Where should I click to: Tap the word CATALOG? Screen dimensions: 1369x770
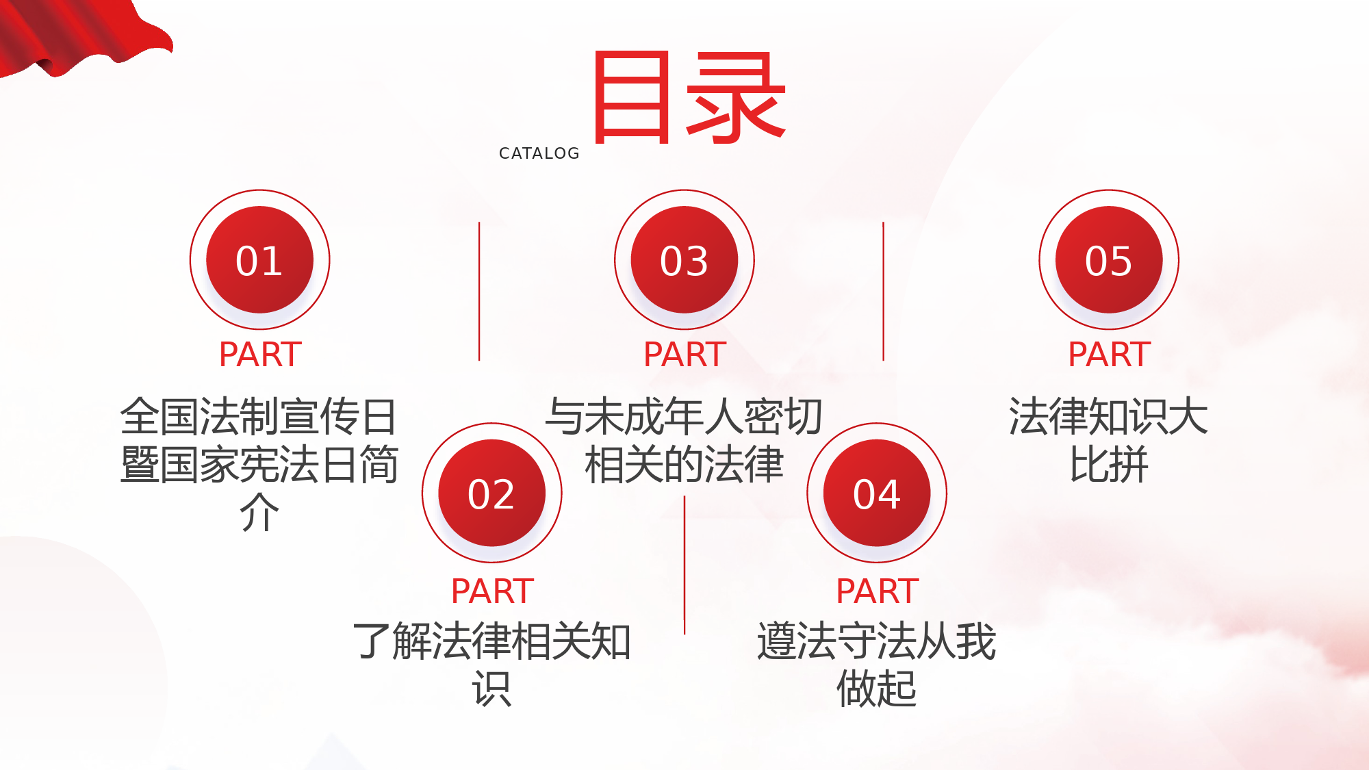539,153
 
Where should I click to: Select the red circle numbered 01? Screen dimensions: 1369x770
260,259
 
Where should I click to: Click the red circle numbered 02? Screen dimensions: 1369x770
492,493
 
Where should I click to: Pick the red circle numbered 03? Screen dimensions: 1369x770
684,259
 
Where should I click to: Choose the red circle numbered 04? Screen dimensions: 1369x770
877,493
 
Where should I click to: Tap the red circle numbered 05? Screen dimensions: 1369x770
1109,259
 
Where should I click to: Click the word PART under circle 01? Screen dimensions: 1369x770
260,355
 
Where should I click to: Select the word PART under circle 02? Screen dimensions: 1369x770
492,591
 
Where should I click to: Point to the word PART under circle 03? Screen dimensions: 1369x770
684,355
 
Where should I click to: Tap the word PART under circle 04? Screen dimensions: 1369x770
877,591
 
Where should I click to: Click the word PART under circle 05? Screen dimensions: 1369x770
1109,355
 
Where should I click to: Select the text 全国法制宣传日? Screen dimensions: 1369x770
259,416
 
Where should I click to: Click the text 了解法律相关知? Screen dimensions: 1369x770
492,641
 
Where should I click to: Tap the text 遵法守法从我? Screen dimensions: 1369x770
877,641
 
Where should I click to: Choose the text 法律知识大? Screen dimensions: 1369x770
1109,416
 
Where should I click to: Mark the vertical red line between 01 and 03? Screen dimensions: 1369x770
479,291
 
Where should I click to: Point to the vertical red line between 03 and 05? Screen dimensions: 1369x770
883,291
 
